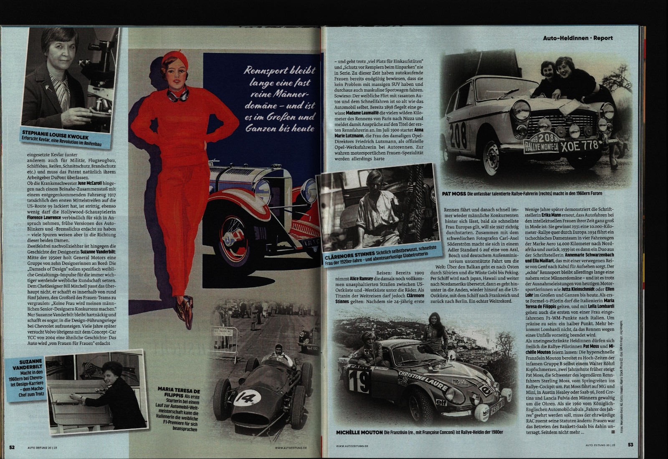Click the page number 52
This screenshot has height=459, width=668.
(x=12, y=447)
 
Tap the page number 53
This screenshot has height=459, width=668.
(x=630, y=444)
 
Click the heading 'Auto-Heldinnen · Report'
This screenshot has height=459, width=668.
(x=578, y=38)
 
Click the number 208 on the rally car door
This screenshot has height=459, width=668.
(x=458, y=137)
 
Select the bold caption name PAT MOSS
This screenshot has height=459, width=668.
(x=453, y=194)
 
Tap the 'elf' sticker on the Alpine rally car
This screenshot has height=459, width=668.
(x=441, y=402)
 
